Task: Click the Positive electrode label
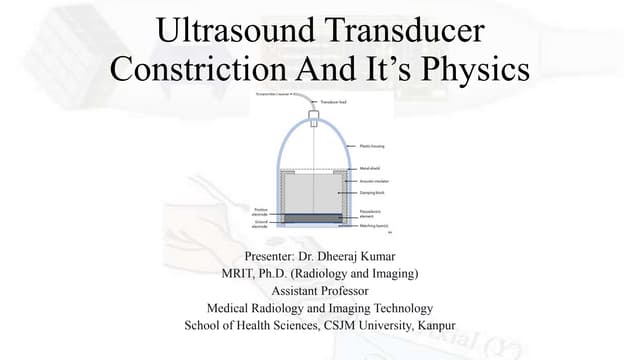point(265,210)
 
